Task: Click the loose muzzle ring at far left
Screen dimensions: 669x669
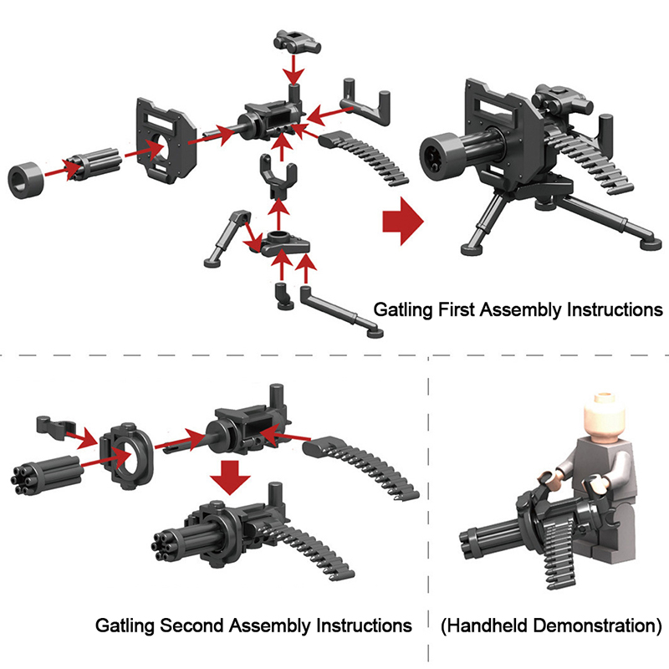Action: click(26, 180)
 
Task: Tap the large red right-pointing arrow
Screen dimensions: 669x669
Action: click(403, 222)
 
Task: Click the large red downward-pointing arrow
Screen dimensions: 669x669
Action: click(230, 477)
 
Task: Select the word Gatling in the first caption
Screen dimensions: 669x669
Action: click(403, 309)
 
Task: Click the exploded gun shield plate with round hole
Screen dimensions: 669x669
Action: click(166, 140)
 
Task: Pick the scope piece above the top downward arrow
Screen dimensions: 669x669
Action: click(296, 41)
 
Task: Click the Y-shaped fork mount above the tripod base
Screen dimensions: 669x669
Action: click(278, 176)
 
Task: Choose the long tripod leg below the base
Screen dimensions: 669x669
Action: click(340, 310)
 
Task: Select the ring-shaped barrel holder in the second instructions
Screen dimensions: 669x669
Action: click(126, 456)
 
